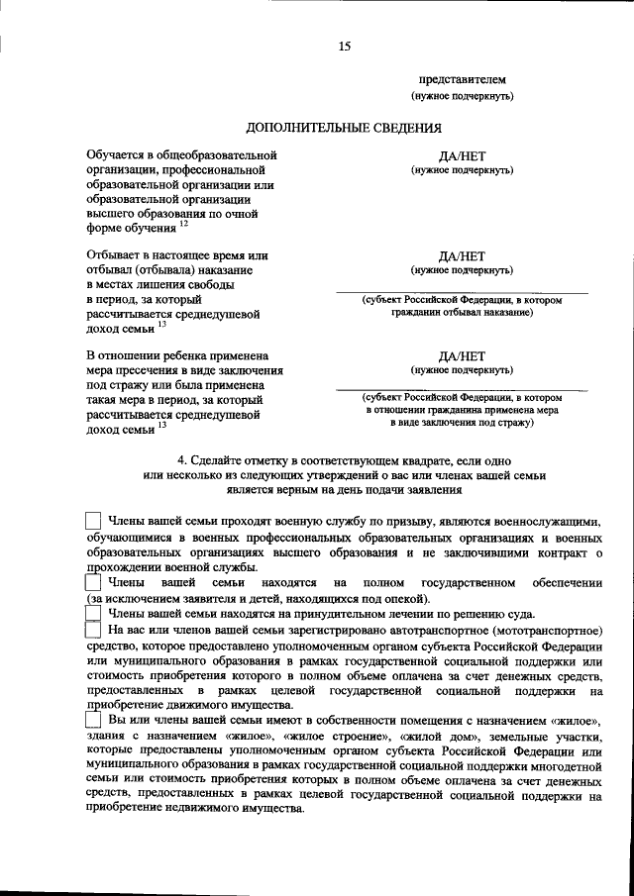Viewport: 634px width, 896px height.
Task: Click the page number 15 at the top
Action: [x=344, y=46]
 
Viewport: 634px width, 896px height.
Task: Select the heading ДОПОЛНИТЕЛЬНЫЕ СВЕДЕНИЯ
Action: [x=344, y=127]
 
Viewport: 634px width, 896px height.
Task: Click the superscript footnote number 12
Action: [x=183, y=224]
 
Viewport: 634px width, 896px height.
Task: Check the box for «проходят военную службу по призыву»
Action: [x=93, y=521]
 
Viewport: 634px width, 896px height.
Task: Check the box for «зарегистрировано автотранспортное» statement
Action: [x=93, y=631]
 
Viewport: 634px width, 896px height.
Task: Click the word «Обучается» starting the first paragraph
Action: [x=121, y=155]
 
